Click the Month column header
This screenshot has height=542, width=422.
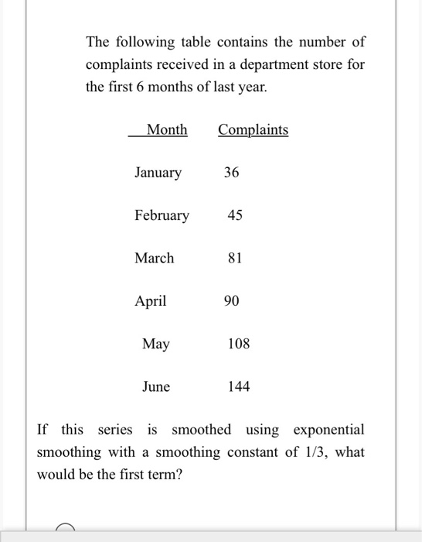tap(167, 130)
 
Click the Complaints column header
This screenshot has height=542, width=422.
tap(253, 130)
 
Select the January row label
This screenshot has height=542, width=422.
tap(158, 173)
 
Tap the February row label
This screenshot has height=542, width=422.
tap(162, 215)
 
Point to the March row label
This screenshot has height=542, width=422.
tap(155, 258)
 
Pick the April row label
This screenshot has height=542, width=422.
tap(151, 301)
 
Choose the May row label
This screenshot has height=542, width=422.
tap(156, 344)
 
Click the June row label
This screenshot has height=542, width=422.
tap(156, 386)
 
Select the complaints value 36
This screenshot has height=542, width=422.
tap(232, 173)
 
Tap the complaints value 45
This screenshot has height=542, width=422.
tap(235, 215)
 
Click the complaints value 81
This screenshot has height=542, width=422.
tap(235, 258)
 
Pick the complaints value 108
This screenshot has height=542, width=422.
tap(239, 344)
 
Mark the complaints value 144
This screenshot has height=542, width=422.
tap(239, 386)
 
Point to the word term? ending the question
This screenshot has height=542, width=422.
tap(162, 473)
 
